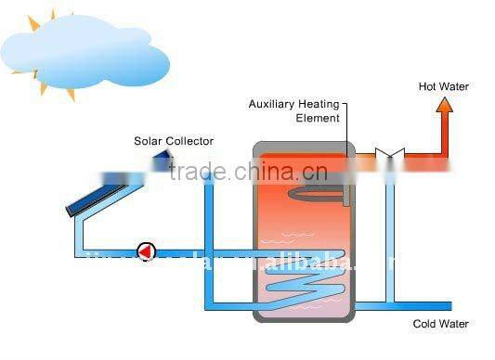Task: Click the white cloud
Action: coord(88,51)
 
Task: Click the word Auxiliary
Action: coord(270,104)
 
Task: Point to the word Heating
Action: coord(318,104)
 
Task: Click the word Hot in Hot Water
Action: coord(429,86)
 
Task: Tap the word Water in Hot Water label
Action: coord(454,86)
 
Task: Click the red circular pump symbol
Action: coord(146,251)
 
